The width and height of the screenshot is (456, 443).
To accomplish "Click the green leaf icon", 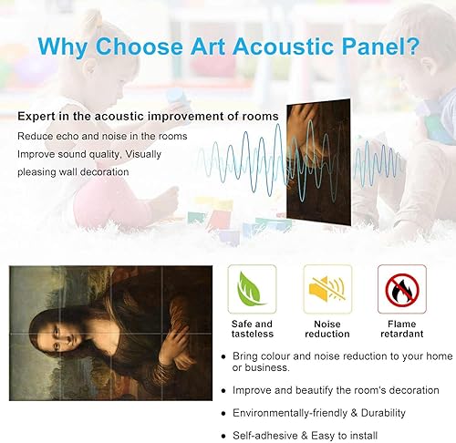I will click(251, 288).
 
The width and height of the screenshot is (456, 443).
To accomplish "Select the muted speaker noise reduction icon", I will click(326, 288).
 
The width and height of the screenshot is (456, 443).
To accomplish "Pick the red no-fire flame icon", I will click(400, 288).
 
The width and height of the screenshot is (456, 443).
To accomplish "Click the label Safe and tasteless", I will click(251, 330).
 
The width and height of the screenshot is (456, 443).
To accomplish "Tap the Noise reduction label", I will click(326, 330).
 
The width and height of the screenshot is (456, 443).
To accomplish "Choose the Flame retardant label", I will click(400, 330).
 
